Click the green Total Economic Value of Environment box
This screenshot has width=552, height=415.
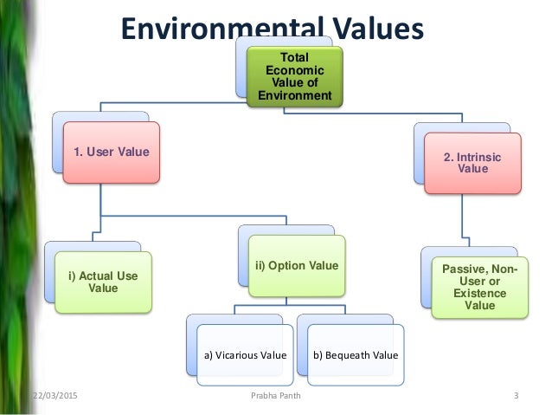[x=293, y=76]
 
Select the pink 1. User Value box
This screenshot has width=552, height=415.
[x=111, y=152]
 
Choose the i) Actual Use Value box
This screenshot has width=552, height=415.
[x=103, y=282]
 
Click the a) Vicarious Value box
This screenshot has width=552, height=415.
[x=245, y=353]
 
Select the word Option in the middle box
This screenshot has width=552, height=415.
[x=285, y=264]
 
